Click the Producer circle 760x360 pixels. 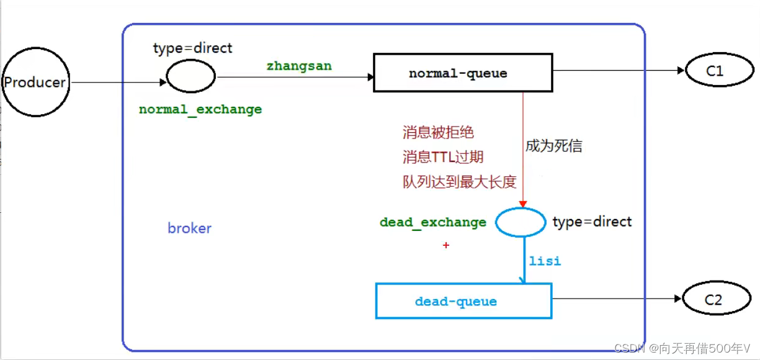point(35,83)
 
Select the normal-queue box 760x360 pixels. point(462,73)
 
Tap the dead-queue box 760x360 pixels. point(463,302)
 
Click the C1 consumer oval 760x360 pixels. point(715,71)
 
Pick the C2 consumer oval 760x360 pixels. point(713,300)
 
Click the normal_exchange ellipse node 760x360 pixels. point(191,77)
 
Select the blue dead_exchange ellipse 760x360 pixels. point(521,222)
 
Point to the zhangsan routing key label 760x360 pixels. point(299,65)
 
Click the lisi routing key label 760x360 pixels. point(545,261)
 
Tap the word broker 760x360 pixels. point(189,228)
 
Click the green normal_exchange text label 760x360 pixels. point(200,110)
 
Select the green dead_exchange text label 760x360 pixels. point(433,222)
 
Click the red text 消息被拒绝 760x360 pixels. point(438,132)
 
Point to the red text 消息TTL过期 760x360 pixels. point(443,157)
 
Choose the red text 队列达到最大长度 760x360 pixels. point(459,182)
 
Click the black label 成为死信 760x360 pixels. point(554,146)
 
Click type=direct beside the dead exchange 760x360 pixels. point(592,222)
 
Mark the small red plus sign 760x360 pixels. point(445,246)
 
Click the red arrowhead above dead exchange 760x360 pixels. point(523,203)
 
